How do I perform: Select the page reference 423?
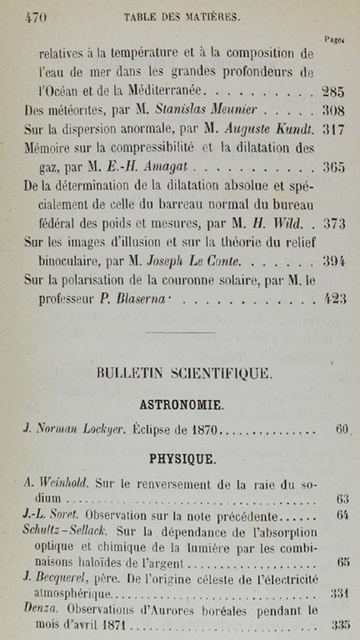tap(333, 300)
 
